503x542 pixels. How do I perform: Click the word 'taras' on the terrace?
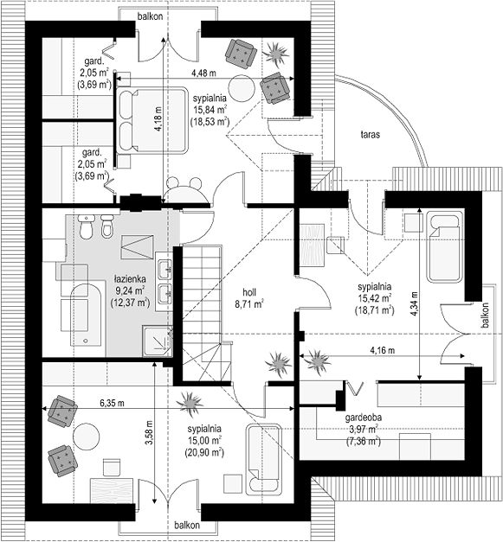point(370,135)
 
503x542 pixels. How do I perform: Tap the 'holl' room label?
point(249,292)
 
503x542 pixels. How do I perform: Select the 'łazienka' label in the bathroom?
point(130,279)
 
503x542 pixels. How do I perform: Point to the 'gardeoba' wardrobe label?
point(363,418)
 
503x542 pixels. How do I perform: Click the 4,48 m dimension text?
point(203,73)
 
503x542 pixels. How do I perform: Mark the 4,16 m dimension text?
point(382,350)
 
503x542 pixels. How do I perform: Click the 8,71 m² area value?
point(249,304)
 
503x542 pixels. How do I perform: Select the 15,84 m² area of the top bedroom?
point(210,110)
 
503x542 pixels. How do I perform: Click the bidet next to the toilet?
point(107,226)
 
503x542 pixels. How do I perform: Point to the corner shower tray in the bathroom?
point(158,341)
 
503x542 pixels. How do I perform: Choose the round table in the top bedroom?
point(242,88)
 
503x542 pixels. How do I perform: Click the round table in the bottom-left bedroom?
point(87,437)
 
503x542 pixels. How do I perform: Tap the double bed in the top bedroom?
point(152,119)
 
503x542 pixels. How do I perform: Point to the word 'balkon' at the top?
point(150,16)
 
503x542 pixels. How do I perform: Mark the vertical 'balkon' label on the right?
point(485,316)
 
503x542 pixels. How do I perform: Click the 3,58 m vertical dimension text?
point(149,433)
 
